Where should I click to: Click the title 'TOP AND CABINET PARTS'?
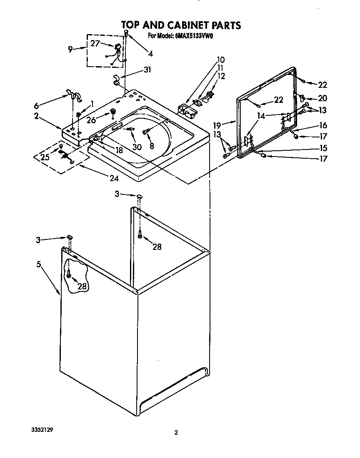pyautogui.click(x=180, y=25)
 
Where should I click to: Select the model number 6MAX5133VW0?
pyautogui.click(x=192, y=36)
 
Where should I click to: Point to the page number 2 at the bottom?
pyautogui.click(x=176, y=433)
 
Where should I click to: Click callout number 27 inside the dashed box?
pyautogui.click(x=95, y=43)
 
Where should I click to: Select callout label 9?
pyautogui.click(x=70, y=49)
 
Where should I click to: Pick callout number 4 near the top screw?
pyautogui.click(x=150, y=53)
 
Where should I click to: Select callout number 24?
pyautogui.click(x=114, y=178)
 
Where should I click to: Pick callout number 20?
pyautogui.click(x=322, y=98)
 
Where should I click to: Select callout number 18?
pyautogui.click(x=119, y=150)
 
